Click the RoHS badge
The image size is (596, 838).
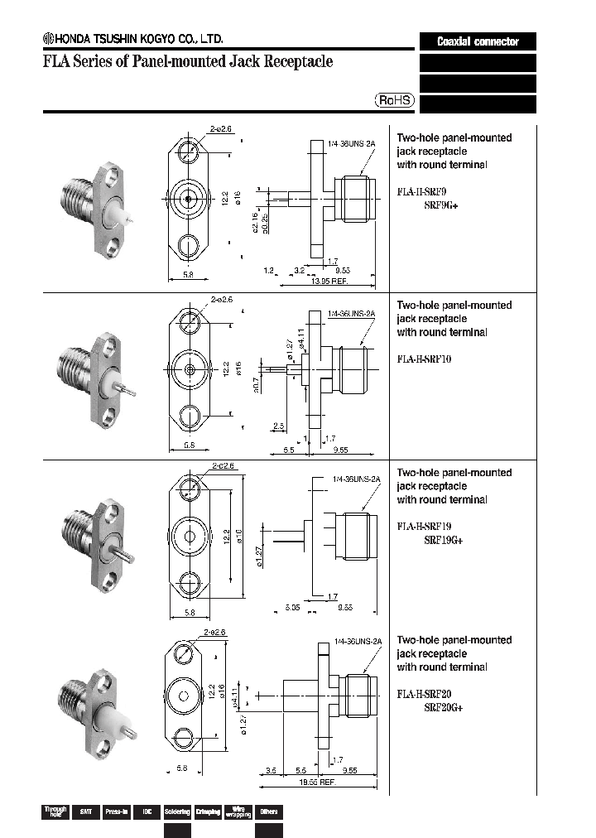click(x=395, y=100)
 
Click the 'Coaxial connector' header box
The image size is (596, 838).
click(x=478, y=41)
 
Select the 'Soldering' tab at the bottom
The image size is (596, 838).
click(x=177, y=812)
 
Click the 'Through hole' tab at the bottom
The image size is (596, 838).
click(x=55, y=812)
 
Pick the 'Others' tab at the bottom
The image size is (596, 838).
click(x=268, y=812)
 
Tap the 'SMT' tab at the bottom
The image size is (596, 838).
click(x=84, y=812)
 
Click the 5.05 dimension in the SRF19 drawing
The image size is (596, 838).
click(x=291, y=606)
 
